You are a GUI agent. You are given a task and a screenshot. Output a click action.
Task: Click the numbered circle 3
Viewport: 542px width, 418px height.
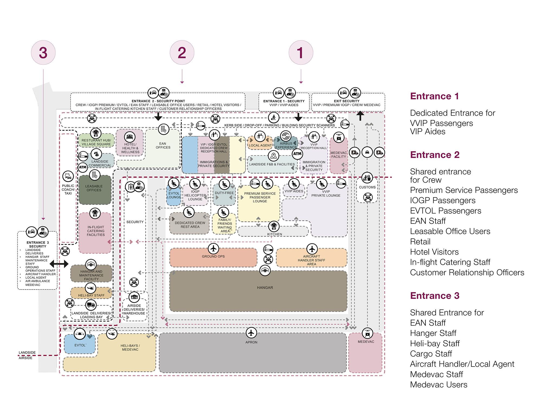point(43,53)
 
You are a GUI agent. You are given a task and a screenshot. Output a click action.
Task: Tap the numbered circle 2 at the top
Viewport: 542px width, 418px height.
point(182,53)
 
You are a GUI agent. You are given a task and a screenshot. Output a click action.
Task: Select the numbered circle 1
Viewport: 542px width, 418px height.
point(301,53)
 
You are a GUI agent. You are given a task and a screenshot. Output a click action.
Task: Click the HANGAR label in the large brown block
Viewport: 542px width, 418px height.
point(265,287)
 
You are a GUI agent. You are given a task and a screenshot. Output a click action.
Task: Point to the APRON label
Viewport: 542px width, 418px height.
point(251,342)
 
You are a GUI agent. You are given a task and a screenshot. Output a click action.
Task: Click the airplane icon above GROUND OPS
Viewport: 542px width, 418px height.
point(214,248)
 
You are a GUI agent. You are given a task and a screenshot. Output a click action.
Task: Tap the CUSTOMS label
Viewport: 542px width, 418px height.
point(367,187)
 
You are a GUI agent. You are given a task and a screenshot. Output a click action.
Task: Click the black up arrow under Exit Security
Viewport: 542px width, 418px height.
point(360,116)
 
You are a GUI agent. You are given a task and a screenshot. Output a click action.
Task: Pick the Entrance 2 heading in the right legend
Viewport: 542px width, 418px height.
point(435,155)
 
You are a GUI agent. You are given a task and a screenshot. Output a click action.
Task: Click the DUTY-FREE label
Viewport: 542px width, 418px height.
point(224,193)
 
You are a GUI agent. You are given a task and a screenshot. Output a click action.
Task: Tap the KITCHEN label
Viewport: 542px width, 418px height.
point(275,234)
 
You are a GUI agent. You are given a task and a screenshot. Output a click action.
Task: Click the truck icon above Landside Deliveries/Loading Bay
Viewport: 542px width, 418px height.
point(91,305)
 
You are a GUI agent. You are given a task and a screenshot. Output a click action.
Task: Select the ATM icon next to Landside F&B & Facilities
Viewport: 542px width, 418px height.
point(297,154)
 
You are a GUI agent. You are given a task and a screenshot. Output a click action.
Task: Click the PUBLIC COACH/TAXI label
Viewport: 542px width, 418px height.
point(68,189)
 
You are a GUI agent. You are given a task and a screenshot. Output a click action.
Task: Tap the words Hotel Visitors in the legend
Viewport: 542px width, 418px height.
point(434,252)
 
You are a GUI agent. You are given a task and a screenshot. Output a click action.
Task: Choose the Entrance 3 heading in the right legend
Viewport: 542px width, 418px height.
point(435,296)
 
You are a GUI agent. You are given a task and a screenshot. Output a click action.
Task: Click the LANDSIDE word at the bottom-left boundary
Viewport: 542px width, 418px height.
point(27,352)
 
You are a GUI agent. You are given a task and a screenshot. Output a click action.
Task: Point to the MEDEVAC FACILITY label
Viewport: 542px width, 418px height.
point(338,155)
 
